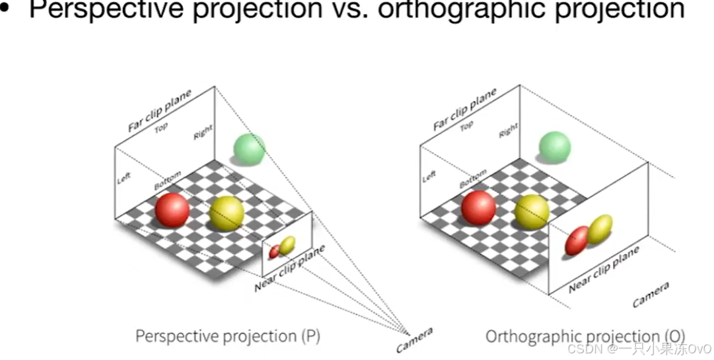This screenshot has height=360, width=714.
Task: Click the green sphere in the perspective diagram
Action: pyautogui.click(x=250, y=149)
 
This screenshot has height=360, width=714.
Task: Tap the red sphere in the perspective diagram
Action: pyautogui.click(x=172, y=210)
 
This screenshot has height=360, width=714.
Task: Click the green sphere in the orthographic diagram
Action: pyautogui.click(x=554, y=147)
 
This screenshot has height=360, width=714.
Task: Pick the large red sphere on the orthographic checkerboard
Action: pyautogui.click(x=479, y=207)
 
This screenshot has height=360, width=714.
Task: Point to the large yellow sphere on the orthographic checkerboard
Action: pyautogui.click(x=532, y=211)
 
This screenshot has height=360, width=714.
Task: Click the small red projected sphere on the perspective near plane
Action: pyautogui.click(x=275, y=251)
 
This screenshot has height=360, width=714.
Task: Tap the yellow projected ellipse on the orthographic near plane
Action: pyautogui.click(x=600, y=229)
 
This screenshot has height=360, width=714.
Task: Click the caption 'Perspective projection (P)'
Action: pyautogui.click(x=228, y=336)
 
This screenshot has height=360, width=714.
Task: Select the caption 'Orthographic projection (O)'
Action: pyautogui.click(x=585, y=336)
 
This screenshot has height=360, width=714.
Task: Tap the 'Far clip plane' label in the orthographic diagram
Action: pyautogui.click(x=464, y=109)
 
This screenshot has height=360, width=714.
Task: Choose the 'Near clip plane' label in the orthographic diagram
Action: pyautogui.click(x=604, y=269)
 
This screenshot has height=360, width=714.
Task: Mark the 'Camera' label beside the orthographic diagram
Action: pyautogui.click(x=651, y=295)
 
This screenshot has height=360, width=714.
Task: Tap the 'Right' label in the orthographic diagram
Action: pyautogui.click(x=509, y=131)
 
